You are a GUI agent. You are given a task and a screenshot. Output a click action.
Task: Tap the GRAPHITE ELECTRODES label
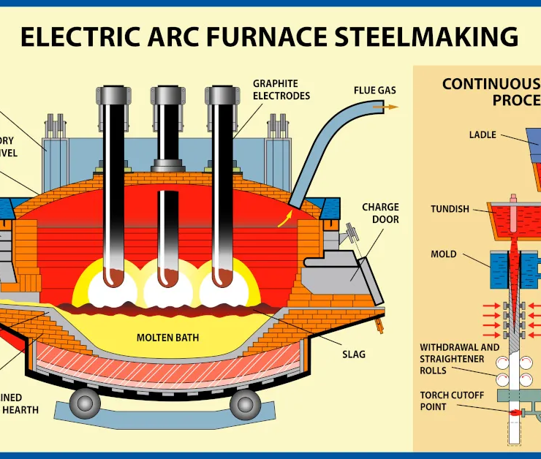281,90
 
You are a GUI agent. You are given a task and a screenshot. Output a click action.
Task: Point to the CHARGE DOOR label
380,213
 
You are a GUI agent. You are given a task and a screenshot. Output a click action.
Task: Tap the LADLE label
483,134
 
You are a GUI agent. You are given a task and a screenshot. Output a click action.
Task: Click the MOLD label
443,254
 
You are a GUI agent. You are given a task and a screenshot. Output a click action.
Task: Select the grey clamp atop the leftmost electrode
113,96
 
